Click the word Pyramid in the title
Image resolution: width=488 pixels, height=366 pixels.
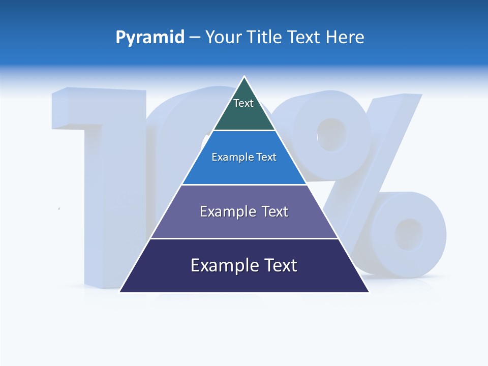coord(150,38)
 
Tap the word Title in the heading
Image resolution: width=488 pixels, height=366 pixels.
coord(266,38)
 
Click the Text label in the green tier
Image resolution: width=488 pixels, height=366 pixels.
coord(243,103)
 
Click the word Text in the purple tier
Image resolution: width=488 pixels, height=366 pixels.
coord(275,211)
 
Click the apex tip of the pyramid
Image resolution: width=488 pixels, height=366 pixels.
coord(245,77)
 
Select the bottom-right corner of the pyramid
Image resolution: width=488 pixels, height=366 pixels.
coord(368,292)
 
